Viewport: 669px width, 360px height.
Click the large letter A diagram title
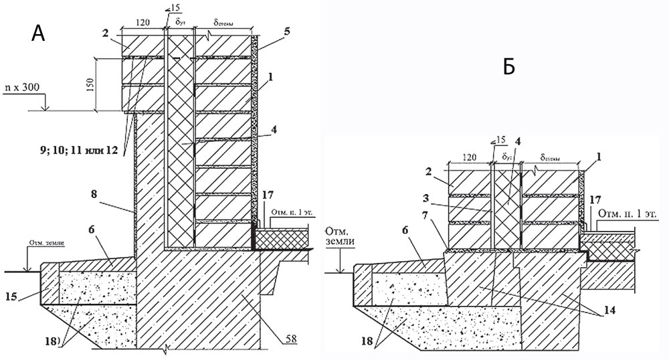(x=37, y=33)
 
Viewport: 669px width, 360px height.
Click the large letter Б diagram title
(x=509, y=67)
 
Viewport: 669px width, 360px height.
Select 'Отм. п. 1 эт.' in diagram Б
(x=630, y=214)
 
